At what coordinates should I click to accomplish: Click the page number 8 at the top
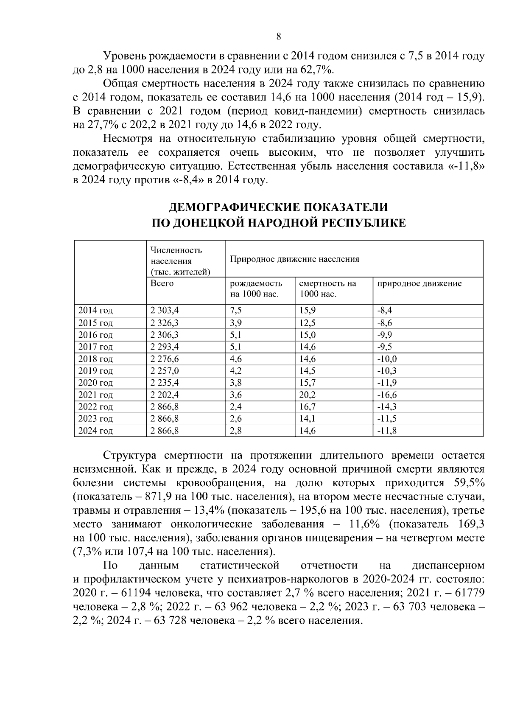pyautogui.click(x=278, y=36)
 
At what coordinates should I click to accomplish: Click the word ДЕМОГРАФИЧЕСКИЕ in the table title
pyautogui.click(x=227, y=207)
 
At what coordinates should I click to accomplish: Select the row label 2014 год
pyautogui.click(x=95, y=311)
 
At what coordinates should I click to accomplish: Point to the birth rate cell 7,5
pyautogui.click(x=235, y=311)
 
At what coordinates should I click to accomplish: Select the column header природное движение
pyautogui.click(x=419, y=283)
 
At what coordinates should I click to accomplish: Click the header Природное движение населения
pyautogui.click(x=294, y=259)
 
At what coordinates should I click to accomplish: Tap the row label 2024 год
pyautogui.click(x=95, y=431)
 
